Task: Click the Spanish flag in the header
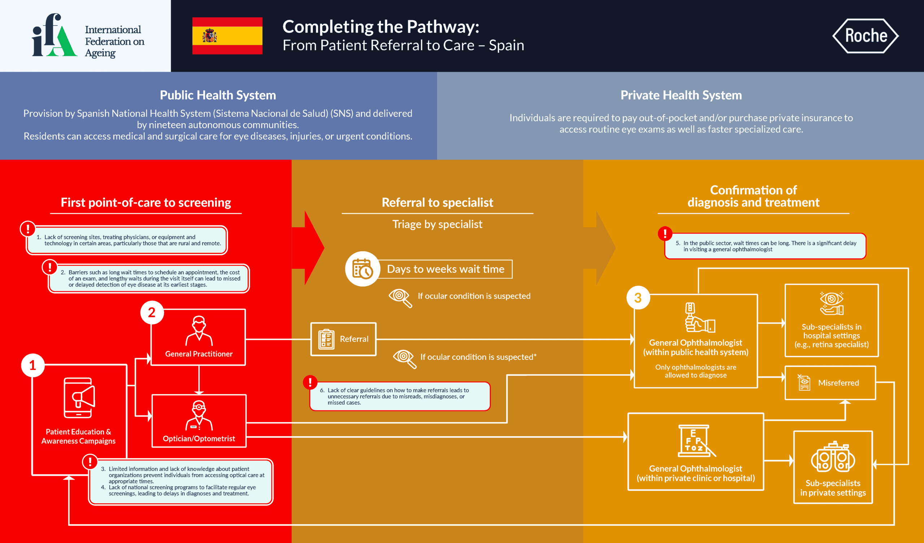coord(227,36)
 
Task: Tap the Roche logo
coord(865,36)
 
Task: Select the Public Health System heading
coord(218,95)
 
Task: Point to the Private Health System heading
coord(681,95)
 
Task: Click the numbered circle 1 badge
coord(32,365)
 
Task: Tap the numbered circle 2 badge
coord(152,313)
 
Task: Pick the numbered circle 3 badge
coord(638,298)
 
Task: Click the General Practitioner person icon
coord(199,331)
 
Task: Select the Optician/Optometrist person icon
coord(199,415)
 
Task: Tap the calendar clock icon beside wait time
coord(362,269)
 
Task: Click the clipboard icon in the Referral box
coord(326,339)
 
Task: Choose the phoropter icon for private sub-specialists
coord(833,457)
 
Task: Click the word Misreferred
coord(838,383)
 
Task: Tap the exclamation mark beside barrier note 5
coord(665,233)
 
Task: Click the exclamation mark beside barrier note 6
coord(310,382)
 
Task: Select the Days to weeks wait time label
coord(445,269)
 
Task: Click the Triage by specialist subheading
coord(437,224)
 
